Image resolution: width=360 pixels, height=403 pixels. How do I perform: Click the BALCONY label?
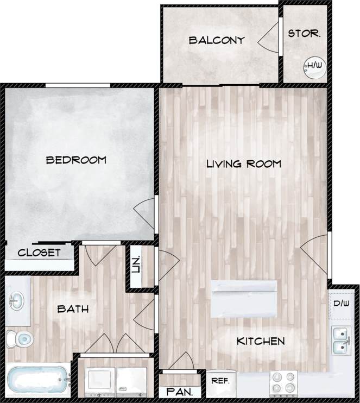pyautogui.click(x=216, y=40)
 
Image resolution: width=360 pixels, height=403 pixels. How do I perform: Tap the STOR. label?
pyautogui.click(x=304, y=34)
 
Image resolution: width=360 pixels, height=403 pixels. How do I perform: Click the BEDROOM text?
pyautogui.click(x=76, y=160)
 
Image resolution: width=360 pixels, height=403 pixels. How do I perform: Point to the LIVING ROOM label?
pyautogui.click(x=244, y=163)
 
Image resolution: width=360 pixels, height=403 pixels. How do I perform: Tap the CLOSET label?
pyautogui.click(x=39, y=253)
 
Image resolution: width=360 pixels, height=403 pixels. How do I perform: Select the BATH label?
pyautogui.click(x=73, y=309)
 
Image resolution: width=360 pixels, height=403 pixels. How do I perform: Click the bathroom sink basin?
pyautogui.click(x=16, y=300)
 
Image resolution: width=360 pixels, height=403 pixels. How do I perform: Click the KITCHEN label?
pyautogui.click(x=261, y=342)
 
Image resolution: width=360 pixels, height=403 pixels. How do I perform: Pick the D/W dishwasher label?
pyautogui.click(x=340, y=303)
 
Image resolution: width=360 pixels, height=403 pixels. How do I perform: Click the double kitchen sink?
pyautogui.click(x=341, y=339)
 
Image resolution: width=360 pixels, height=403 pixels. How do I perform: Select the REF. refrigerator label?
pyautogui.click(x=220, y=381)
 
